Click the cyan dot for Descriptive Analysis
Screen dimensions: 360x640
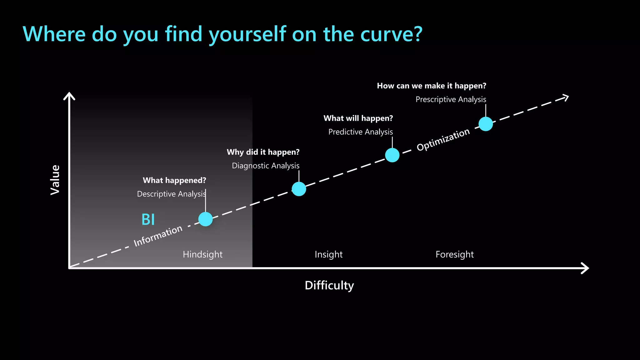coord(205,219)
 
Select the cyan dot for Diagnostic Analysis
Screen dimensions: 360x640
coord(299,189)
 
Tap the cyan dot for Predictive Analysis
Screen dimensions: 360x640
coord(392,155)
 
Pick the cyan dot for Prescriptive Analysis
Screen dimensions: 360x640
coord(486,124)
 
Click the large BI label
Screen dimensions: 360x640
coord(148,219)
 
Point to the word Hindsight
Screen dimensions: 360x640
coord(202,254)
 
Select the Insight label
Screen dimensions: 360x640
coord(328,254)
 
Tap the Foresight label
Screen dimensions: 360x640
coord(454,254)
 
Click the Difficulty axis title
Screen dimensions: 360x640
coord(329,285)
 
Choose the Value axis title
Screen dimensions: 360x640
coord(55,180)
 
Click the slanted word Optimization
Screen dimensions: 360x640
coord(443,140)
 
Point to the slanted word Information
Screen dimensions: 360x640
coord(158,236)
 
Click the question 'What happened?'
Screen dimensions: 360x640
coord(174,180)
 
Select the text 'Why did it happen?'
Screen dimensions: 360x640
coord(263,152)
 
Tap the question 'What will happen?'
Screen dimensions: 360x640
coord(358,118)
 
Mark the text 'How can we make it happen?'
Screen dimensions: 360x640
coord(431,86)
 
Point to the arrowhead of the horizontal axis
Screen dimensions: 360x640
coord(585,268)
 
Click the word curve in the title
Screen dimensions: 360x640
coord(388,34)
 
